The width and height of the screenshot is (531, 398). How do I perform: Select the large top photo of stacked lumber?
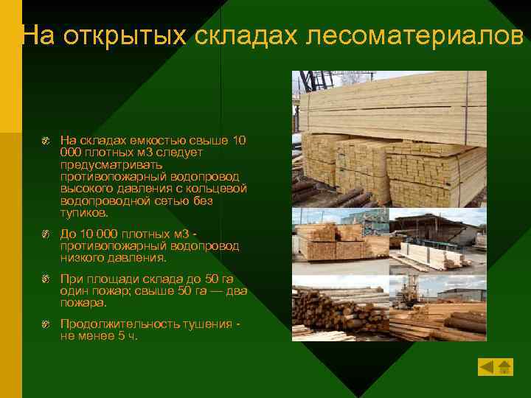tap(389, 139)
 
